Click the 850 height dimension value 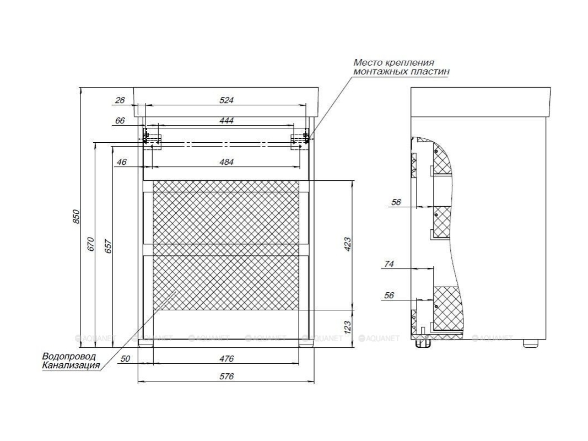[x=75, y=217]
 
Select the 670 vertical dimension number [x=90, y=244]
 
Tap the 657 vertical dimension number [x=108, y=246]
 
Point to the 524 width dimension [x=226, y=100]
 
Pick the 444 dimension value [x=226, y=120]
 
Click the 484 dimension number [x=226, y=162]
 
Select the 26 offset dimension [x=120, y=100]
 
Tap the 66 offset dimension [x=120, y=120]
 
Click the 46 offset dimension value [x=121, y=162]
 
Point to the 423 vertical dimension [x=348, y=244]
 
